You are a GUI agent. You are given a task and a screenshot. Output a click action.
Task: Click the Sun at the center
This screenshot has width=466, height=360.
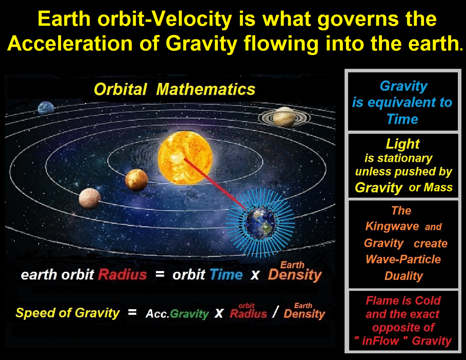click(185, 158)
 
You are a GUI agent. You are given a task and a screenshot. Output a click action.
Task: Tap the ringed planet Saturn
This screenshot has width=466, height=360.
click(284, 117)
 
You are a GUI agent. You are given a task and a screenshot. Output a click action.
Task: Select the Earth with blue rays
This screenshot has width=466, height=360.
click(260, 223)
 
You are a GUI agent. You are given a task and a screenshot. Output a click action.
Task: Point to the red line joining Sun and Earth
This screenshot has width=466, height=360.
click(216, 184)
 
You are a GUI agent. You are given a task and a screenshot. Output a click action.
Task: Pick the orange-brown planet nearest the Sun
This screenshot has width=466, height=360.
click(137, 180)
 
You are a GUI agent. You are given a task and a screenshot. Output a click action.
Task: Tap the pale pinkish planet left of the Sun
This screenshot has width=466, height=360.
click(90, 199)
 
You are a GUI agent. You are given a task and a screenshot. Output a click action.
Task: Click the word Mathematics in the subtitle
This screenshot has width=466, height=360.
click(206, 89)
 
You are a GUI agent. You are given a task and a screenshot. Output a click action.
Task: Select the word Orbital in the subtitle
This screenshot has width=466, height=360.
click(120, 89)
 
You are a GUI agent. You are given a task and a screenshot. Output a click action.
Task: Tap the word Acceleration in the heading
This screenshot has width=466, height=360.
click(70, 43)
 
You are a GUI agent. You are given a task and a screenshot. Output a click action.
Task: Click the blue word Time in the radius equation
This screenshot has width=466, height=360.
click(226, 275)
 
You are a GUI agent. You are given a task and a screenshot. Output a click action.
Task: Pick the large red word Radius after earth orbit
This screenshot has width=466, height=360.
click(123, 275)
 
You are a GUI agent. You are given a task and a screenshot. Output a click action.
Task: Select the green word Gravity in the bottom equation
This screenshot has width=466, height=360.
click(189, 314)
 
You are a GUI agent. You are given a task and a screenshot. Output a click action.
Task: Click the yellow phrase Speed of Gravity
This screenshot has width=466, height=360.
click(67, 313)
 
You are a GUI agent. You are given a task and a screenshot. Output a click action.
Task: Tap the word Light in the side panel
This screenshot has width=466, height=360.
click(402, 144)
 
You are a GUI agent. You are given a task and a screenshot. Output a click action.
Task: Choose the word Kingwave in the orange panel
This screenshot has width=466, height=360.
click(392, 227)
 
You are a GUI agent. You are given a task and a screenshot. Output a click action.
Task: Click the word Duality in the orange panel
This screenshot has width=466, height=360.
click(404, 276)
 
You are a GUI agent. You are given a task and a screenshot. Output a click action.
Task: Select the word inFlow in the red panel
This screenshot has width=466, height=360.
click(381, 341)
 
